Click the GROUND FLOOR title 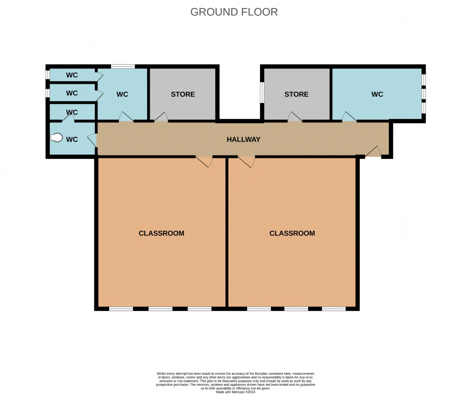(234, 12)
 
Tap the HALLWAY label (243, 139)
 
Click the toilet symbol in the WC (56, 137)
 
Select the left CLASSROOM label (161, 233)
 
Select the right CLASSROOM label (292, 233)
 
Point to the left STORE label (183, 94)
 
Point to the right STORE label (297, 94)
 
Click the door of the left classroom (204, 161)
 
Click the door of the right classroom (247, 161)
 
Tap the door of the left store (161, 117)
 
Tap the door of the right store (295, 117)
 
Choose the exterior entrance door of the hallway (373, 151)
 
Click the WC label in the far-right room (377, 94)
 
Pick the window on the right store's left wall (262, 93)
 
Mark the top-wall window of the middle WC (123, 66)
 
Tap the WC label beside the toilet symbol (72, 139)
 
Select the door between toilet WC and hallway (92, 140)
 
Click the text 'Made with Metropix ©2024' (235, 392)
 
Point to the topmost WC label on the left (72, 75)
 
